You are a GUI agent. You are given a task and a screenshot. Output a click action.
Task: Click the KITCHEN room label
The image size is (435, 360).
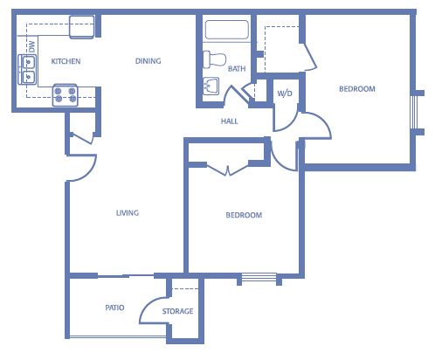coord(66,61)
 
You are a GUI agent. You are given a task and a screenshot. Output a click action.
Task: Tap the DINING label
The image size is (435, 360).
coord(148,61)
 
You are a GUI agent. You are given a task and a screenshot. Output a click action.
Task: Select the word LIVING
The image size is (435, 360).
coord(128,213)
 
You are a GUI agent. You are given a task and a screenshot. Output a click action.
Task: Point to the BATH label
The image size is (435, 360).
coord(237,69)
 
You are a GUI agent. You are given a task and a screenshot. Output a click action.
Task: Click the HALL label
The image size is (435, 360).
coord(230,121)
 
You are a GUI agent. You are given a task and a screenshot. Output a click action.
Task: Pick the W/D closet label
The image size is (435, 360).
coord(285,93)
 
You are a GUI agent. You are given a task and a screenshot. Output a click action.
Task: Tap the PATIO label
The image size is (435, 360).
coord(114,308)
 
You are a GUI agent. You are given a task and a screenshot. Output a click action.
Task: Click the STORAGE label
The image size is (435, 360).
coord(177,311)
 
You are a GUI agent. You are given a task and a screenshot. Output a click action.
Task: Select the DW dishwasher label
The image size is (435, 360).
coord(31,46)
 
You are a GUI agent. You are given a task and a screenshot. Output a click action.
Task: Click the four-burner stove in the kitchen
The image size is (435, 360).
coord(66,95)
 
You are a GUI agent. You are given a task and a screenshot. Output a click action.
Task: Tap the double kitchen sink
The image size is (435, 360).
coord(27,69)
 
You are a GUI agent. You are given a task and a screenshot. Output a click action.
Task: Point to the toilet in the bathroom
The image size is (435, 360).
coord(214,59)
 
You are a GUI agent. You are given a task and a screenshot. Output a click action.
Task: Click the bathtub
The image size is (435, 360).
coord(227,30)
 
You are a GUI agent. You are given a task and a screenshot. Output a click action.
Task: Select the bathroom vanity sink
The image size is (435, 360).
coord(211,86)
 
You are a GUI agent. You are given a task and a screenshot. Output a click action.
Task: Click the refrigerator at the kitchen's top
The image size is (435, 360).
coord(82,27)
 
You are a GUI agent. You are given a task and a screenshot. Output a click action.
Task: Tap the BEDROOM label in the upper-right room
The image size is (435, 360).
coord(357,89)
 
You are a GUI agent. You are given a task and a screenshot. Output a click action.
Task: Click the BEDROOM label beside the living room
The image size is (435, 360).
coord(244,215)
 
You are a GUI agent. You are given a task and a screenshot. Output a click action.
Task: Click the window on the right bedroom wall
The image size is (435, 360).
coord(414,113)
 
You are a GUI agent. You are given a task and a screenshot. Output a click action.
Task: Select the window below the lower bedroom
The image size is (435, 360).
coord(259,277)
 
